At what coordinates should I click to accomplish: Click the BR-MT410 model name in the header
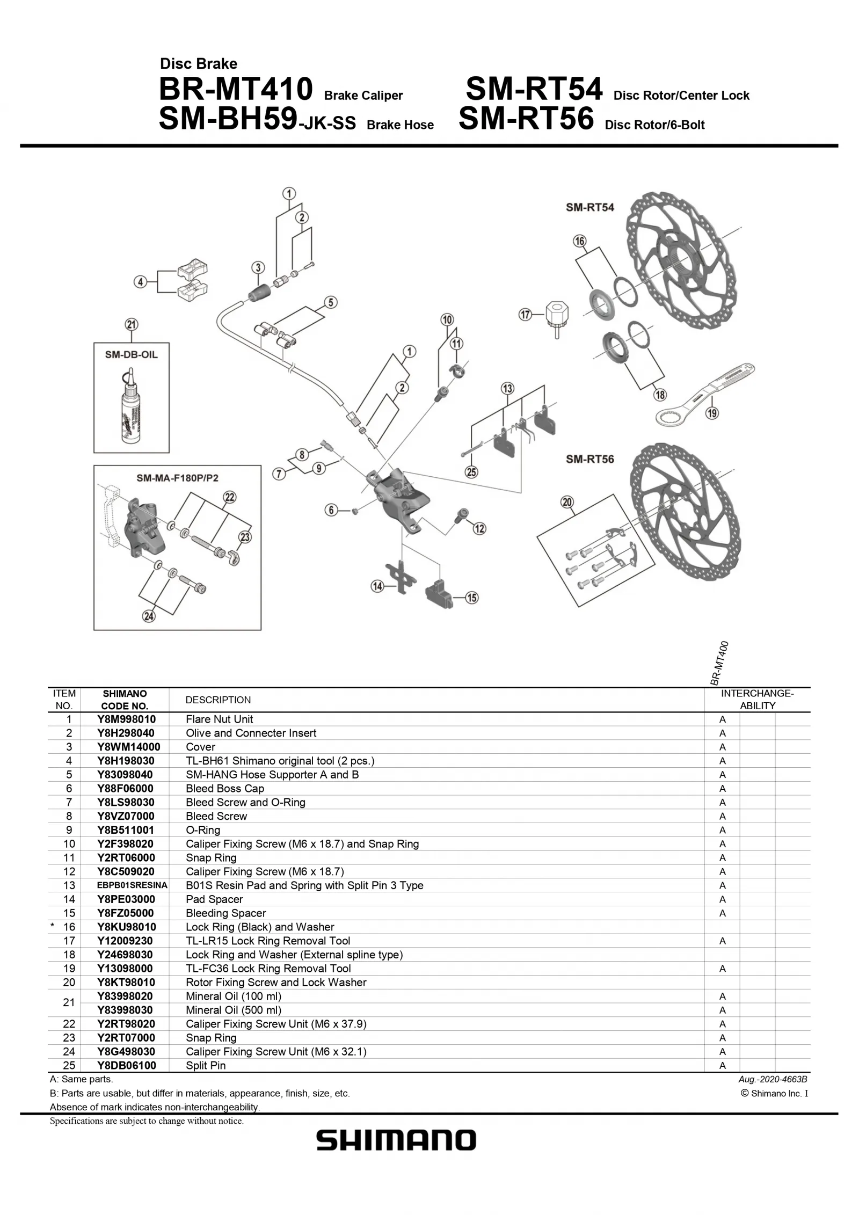[235, 89]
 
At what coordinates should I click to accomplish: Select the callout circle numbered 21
[132, 324]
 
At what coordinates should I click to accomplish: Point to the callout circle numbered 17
[525, 315]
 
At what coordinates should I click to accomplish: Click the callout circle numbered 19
[712, 413]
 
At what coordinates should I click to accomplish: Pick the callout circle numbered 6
[331, 510]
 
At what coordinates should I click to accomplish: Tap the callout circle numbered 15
[471, 598]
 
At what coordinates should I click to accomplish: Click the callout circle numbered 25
[471, 472]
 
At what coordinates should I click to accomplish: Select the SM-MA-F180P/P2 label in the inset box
[177, 478]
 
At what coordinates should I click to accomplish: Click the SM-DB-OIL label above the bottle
[132, 355]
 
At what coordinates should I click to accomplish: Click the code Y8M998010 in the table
[127, 719]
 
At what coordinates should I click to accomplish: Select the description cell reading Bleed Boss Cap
[225, 788]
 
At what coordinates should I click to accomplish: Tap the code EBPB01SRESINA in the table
[132, 885]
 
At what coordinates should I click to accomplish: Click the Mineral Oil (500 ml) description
[234, 1010]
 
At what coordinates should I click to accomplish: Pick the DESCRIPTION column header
[218, 700]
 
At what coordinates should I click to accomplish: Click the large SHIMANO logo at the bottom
[396, 1140]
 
